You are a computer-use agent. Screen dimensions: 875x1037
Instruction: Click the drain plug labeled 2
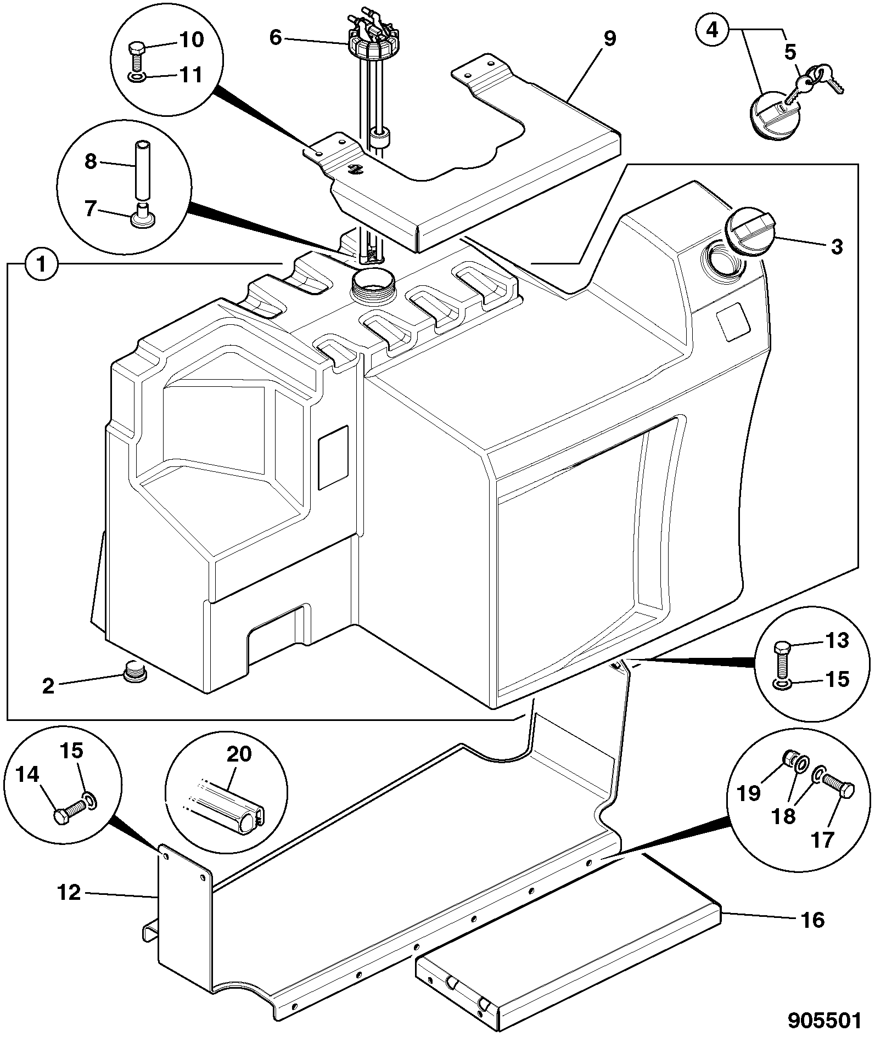[x=133, y=673]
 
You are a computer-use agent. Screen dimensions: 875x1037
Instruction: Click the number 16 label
[x=812, y=920]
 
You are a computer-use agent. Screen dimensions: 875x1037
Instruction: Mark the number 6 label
[x=276, y=38]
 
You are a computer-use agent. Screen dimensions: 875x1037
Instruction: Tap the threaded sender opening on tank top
[x=373, y=284]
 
